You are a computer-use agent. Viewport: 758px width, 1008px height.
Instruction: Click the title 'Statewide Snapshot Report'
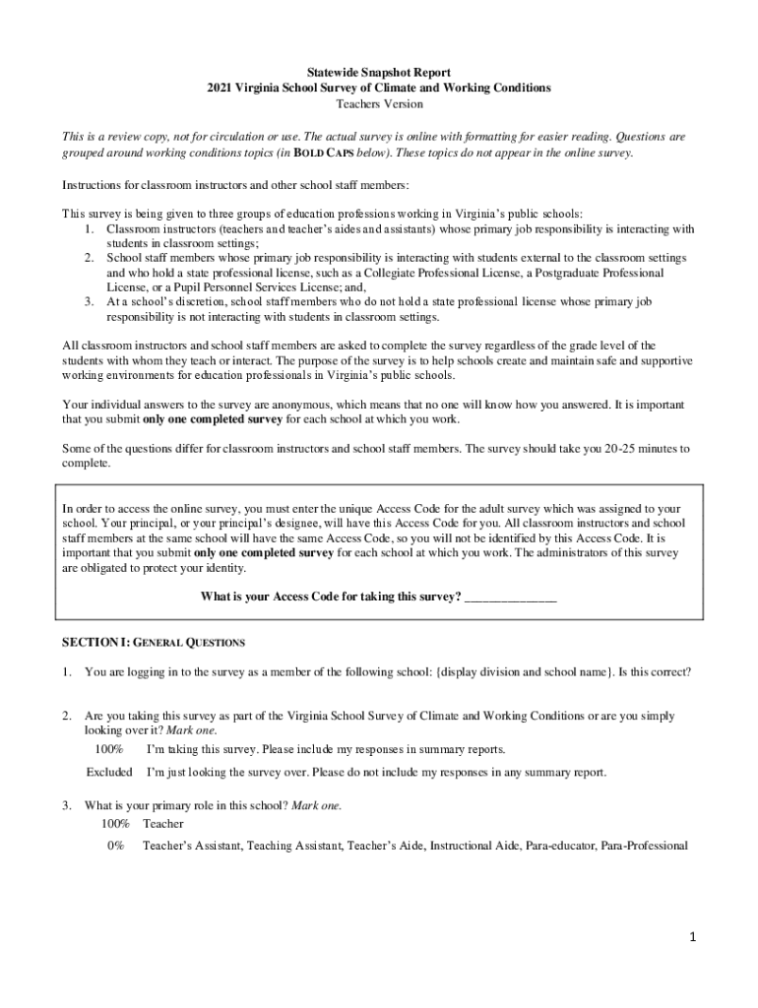click(378, 73)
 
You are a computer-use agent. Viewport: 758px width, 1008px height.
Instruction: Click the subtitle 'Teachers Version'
click(379, 103)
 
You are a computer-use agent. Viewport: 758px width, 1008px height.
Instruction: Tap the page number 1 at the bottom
click(693, 938)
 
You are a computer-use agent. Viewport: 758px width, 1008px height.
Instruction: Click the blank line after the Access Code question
click(510, 597)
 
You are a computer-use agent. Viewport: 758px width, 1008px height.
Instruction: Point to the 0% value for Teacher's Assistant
click(116, 845)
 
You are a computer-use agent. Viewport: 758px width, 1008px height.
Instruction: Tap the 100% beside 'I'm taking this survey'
click(110, 749)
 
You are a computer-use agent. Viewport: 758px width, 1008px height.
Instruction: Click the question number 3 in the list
click(66, 805)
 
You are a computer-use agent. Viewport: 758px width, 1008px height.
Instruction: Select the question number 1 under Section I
click(66, 672)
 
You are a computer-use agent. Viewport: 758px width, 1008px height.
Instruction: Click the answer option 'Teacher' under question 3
click(162, 823)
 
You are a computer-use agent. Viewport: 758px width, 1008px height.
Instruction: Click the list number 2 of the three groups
click(89, 258)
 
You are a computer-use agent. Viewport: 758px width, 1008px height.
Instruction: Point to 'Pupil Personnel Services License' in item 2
click(218, 286)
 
